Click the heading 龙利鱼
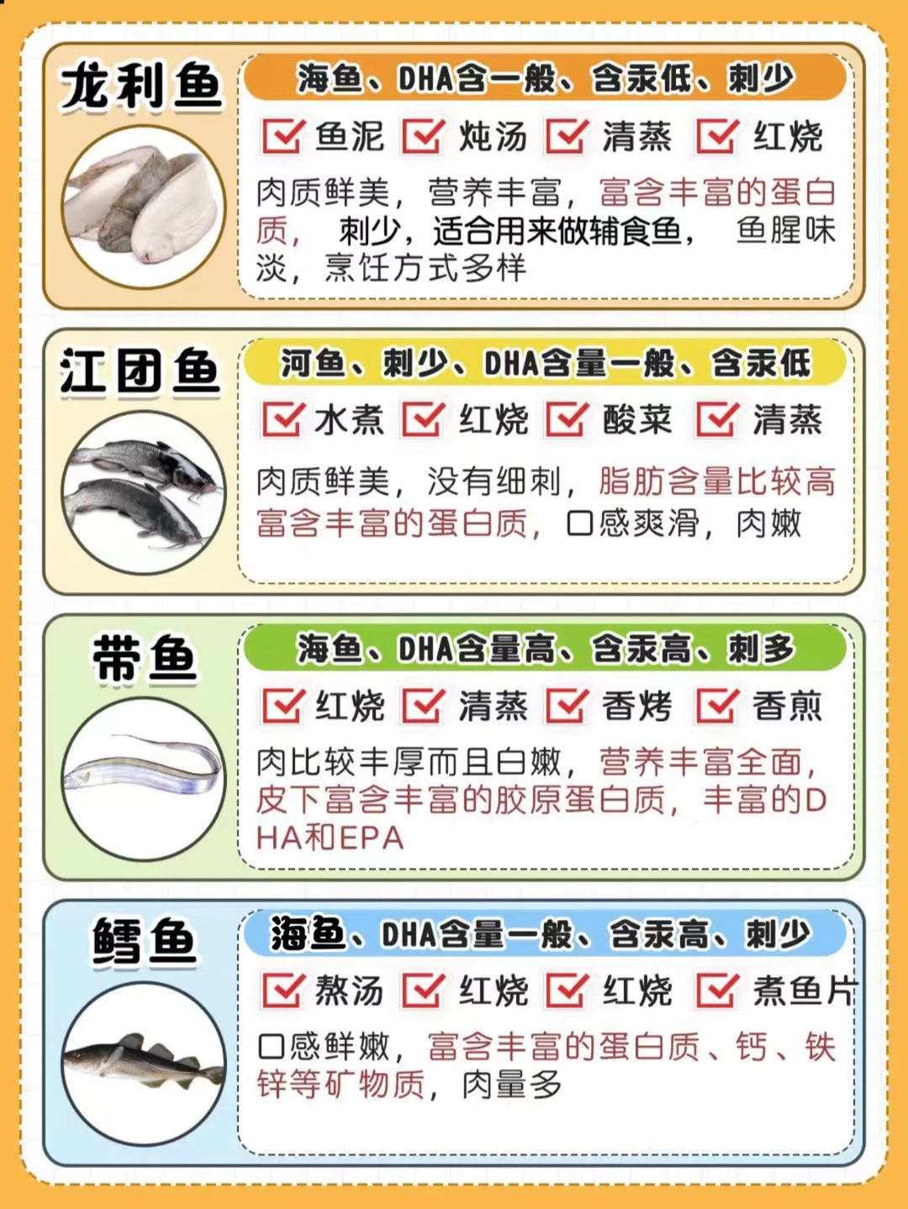(141, 88)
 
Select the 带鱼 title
(145, 659)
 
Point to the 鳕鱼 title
(145, 942)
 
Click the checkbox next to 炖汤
(424, 136)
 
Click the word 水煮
(349, 421)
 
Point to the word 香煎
(787, 706)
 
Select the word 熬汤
(349, 991)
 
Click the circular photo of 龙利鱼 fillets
(143, 207)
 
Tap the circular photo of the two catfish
(143, 492)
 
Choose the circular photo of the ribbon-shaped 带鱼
(143, 778)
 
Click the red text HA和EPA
(330, 838)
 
